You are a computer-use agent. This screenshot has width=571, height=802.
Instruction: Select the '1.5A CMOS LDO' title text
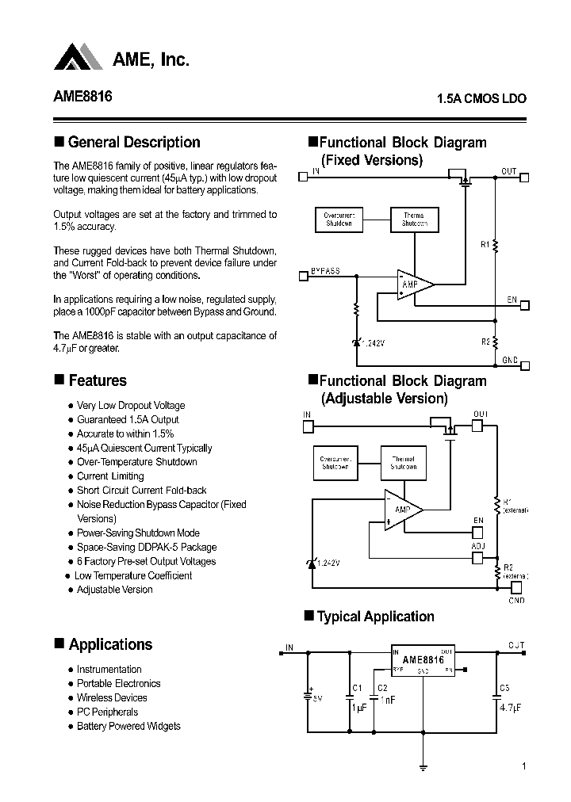(481, 100)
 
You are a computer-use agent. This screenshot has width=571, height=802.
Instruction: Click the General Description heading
(133, 143)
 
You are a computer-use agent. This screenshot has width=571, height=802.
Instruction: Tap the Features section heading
(97, 381)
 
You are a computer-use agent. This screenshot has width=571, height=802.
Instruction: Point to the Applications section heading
(109, 644)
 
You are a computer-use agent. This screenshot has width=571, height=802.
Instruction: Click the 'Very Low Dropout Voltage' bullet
(130, 406)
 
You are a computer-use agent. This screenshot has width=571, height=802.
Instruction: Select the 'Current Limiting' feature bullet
(110, 476)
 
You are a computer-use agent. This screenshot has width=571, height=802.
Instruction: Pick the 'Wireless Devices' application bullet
(112, 697)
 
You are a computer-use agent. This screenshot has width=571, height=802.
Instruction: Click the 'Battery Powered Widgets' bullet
(128, 726)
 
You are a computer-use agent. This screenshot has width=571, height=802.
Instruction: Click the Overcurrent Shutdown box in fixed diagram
(339, 220)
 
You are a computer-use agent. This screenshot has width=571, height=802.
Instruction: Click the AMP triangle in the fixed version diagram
(412, 284)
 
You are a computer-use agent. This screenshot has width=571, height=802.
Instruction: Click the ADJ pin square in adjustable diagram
(477, 558)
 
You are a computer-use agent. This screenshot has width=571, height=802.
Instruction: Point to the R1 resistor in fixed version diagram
(496, 246)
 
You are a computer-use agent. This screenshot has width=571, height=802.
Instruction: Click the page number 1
(524, 766)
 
